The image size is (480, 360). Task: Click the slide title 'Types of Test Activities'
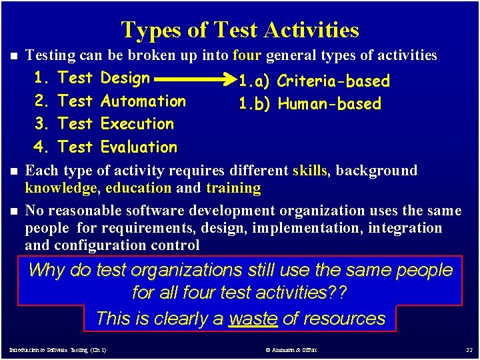(240, 30)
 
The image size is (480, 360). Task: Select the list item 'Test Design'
(104, 78)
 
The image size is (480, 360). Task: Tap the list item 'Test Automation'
(122, 101)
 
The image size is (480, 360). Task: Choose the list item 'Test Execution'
(116, 124)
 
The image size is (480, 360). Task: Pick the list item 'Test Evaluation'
(117, 147)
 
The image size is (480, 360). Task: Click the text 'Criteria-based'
(333, 81)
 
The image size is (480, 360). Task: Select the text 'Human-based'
(329, 104)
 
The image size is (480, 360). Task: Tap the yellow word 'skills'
(310, 171)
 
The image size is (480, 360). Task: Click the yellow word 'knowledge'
(61, 188)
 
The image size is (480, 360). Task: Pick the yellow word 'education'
(138, 188)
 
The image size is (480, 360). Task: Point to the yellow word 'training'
(233, 188)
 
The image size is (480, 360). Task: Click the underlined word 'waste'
(253, 319)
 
